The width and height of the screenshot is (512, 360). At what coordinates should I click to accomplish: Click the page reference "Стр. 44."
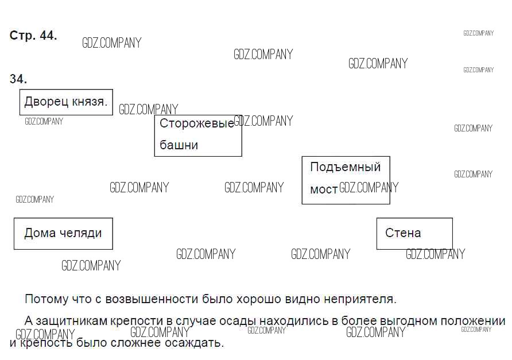33,36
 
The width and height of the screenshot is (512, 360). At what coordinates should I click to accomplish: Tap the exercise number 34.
18,79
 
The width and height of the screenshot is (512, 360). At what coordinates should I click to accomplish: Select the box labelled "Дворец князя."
66,102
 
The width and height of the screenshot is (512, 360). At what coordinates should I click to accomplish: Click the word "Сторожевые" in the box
196,123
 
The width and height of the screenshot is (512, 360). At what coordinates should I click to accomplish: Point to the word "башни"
179,145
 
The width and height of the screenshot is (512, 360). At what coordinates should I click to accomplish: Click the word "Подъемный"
345,167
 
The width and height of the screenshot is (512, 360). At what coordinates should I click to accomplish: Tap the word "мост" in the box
324,189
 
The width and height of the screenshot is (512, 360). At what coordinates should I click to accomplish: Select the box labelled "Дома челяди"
63,233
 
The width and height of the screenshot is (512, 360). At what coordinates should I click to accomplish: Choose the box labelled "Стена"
414,233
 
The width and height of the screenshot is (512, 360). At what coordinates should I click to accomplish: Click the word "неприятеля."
360,299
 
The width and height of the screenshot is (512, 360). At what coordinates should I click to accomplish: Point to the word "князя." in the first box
90,102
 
